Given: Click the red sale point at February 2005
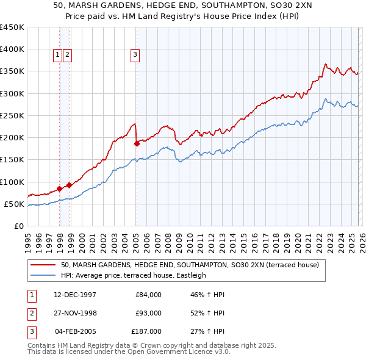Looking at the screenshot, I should point(137,144).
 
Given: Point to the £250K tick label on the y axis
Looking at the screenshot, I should point(12,116).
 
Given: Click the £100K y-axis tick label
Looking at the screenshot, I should point(12,182).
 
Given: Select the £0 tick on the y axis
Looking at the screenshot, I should point(20,226).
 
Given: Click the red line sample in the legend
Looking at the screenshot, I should point(44,265).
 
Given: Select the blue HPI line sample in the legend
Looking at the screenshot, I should point(44,276).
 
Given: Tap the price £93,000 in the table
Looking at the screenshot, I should point(148,313).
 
